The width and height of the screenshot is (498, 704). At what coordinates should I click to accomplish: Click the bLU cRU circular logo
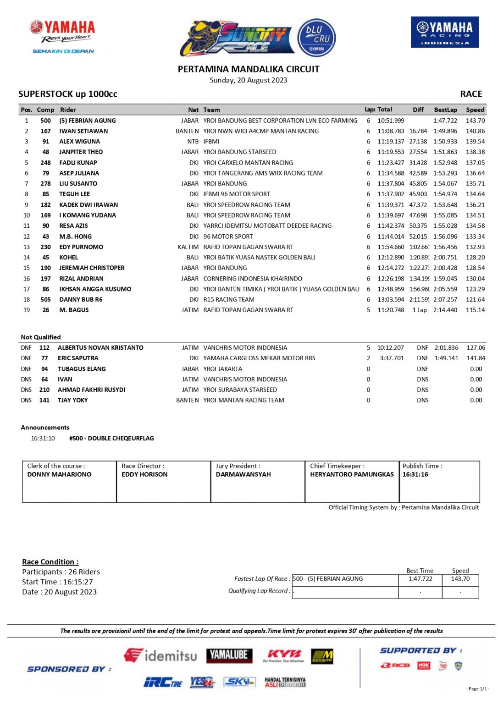pos(317,38)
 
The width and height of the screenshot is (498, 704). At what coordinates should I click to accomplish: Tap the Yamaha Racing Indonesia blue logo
pos(444,32)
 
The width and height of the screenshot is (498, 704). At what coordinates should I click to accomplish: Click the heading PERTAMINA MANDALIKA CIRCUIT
pos(249,69)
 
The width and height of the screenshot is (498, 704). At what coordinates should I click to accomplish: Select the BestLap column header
pos(445,110)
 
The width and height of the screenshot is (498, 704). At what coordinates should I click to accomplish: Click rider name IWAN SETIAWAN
pos(83,131)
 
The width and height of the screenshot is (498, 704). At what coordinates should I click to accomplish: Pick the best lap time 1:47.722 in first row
pos(445,121)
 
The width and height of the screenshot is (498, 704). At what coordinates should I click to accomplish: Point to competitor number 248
pos(45,163)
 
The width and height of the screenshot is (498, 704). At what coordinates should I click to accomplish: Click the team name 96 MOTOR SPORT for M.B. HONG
pos(228,236)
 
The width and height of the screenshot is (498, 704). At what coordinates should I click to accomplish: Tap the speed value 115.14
pos(475,310)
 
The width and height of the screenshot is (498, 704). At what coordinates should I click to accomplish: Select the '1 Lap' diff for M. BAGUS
pos(419,310)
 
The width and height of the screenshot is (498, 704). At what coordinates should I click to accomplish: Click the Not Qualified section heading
pos(41,337)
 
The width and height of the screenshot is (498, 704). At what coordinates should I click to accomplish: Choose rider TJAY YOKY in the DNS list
pos(72,400)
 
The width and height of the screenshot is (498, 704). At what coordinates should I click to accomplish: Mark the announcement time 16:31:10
pos(43,438)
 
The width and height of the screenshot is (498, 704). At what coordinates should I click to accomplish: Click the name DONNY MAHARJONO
pos(59,474)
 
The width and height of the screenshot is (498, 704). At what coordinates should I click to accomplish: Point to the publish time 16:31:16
pos(415,474)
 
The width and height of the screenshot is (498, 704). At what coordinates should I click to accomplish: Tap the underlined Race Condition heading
pos(50,562)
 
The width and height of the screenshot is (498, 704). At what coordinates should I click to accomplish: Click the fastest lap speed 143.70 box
pos(460,579)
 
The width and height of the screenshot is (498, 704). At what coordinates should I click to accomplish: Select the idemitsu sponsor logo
pos(160,655)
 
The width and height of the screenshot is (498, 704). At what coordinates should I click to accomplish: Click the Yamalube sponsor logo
pos(229,655)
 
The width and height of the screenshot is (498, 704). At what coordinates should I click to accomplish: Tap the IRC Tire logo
pos(163,682)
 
